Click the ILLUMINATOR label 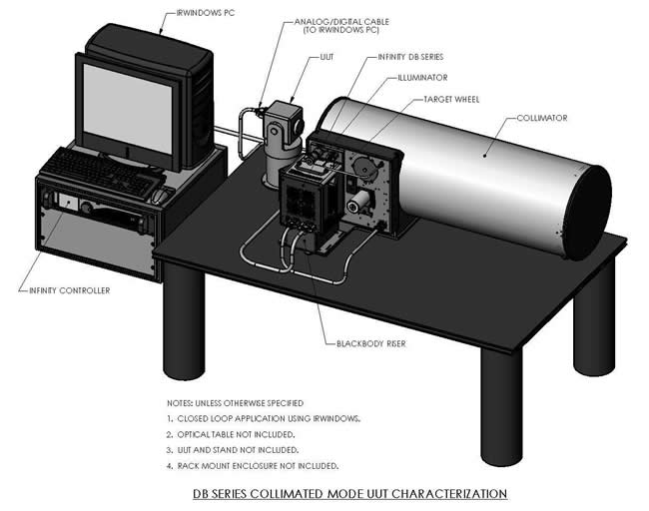pyautogui.click(x=421, y=77)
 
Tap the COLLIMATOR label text pyautogui.click(x=542, y=118)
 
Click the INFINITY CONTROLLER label pyautogui.click(x=63, y=290)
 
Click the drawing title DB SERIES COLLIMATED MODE pyautogui.click(x=349, y=494)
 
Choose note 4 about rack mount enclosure pyautogui.click(x=253, y=465)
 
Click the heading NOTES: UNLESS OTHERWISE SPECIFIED pyautogui.click(x=235, y=402)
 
